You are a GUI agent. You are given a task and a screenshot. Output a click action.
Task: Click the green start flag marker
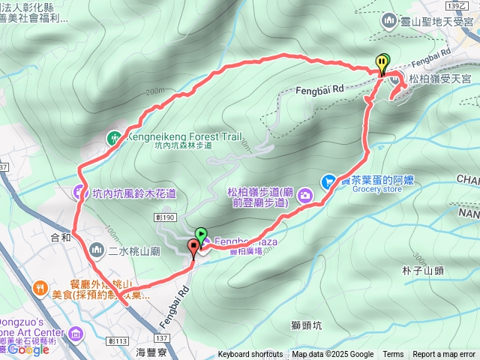pos(201,234)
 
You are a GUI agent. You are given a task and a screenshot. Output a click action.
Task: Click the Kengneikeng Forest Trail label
pos(184,137)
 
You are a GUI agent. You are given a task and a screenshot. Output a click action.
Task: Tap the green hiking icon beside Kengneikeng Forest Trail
pos(113,137)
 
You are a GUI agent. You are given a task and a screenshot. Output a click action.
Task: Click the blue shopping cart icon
pos(328,181)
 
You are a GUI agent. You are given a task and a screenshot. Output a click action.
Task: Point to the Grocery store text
pos(377,190)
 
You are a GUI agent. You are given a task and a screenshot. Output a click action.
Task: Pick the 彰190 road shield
pos(166,216)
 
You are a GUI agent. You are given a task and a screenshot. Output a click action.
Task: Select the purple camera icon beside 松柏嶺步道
pos(306,196)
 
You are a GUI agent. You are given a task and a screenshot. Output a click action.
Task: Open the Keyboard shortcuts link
pos(250,355)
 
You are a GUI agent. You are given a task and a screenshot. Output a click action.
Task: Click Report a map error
pos(443,355)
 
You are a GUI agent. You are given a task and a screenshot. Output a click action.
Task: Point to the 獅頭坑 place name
pos(306,325)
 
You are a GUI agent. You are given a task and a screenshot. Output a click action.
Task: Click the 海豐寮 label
pos(151,351)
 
